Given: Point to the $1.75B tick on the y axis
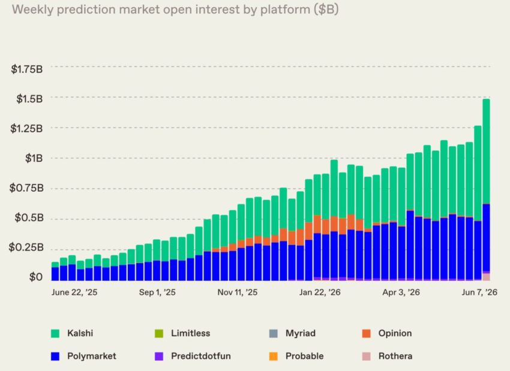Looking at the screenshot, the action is [26, 69].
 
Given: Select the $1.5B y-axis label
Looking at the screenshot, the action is [29, 99].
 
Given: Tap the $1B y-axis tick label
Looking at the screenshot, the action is [34, 158].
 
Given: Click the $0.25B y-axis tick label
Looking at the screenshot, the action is [26, 248].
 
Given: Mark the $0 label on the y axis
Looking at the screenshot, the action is [36, 277].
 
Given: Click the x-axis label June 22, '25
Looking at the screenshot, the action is [74, 292].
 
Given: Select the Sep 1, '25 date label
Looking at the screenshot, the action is [157, 292].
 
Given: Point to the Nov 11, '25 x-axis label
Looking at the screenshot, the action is [238, 292].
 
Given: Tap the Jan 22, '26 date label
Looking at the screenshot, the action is [320, 292].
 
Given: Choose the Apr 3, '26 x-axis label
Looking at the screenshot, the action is [401, 292].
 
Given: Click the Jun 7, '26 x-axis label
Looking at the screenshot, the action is [479, 292].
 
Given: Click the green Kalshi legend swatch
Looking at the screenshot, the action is [55, 334].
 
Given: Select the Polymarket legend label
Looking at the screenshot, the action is [91, 356].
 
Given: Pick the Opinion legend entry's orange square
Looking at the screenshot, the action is [366, 334].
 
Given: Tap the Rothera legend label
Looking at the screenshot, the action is [395, 356].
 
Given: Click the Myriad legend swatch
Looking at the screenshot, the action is [274, 334].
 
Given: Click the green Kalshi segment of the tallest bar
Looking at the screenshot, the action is [486, 152].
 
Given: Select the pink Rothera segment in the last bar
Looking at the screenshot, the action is [486, 277].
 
